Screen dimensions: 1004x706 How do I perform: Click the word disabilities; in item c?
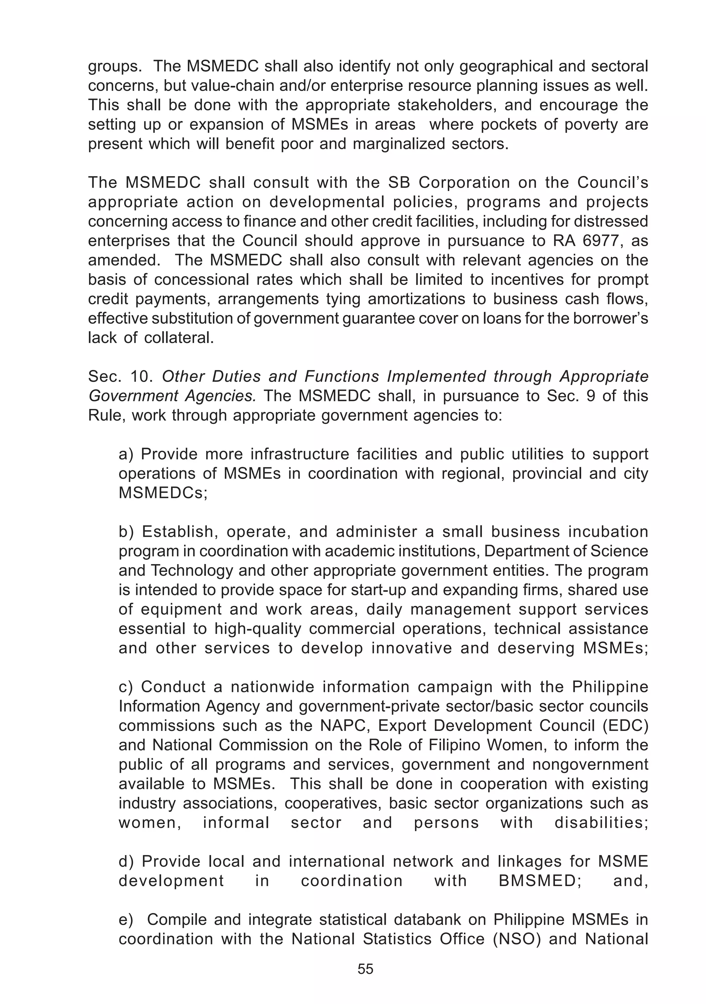click(601, 823)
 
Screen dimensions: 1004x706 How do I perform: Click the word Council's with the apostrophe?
click(613, 183)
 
